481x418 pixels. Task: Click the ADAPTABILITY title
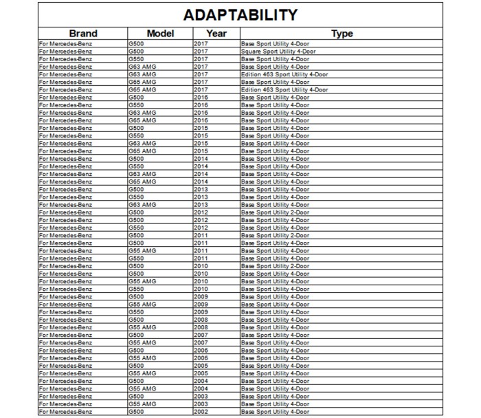tap(240, 14)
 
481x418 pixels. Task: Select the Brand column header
tap(83, 33)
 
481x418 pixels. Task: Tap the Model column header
tap(160, 33)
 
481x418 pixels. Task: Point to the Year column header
tap(216, 33)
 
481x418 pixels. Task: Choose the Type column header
tap(342, 33)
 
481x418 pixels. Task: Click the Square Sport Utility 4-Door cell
tap(278, 52)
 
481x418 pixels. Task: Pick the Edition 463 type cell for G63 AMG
tap(284, 74)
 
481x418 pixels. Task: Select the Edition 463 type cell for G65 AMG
tap(284, 89)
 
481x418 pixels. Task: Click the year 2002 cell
tap(201, 411)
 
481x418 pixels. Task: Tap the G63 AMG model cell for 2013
tap(142, 204)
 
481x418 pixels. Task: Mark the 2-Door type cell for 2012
tap(275, 212)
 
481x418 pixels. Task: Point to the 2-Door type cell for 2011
tap(275, 235)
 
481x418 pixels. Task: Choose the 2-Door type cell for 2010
tap(275, 266)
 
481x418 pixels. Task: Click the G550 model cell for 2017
tap(136, 59)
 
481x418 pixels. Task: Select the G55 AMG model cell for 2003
tap(142, 404)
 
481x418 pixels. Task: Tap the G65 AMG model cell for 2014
tap(142, 181)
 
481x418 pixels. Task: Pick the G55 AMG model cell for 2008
tap(142, 327)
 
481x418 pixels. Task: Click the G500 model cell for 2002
tap(136, 411)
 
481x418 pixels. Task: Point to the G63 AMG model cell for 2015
tap(142, 143)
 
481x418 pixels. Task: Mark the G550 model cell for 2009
tap(136, 311)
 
